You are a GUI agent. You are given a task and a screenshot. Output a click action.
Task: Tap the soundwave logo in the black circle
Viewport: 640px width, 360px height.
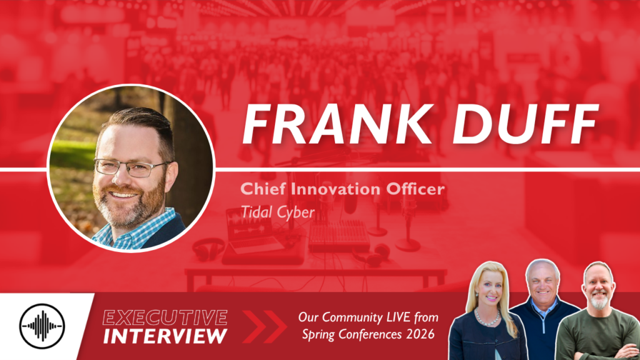[x=42, y=326]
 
